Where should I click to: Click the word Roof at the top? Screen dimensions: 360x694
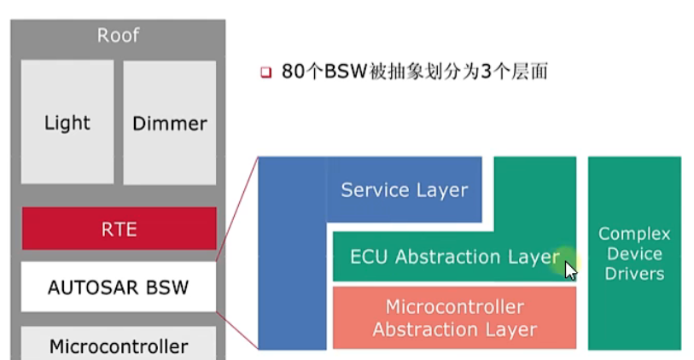(118, 36)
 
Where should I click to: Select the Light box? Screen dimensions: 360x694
(67, 122)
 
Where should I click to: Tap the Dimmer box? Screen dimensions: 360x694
(170, 122)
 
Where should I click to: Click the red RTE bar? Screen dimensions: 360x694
(119, 229)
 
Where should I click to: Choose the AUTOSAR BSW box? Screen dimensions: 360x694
(119, 287)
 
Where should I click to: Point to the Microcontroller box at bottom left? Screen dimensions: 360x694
(119, 345)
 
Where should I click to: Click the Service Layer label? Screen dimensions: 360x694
(404, 189)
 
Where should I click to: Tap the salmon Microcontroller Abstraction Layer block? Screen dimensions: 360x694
(454, 317)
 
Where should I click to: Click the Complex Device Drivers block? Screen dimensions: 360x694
(634, 253)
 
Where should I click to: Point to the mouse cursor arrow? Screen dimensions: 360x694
(570, 270)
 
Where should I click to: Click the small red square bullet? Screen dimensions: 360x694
(265, 73)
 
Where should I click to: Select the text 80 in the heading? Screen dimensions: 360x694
(292, 73)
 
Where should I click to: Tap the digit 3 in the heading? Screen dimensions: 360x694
(486, 73)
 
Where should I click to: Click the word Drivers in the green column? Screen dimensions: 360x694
(634, 274)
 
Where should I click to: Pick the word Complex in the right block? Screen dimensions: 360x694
(634, 234)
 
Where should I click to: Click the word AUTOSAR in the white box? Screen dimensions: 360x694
(86, 287)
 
